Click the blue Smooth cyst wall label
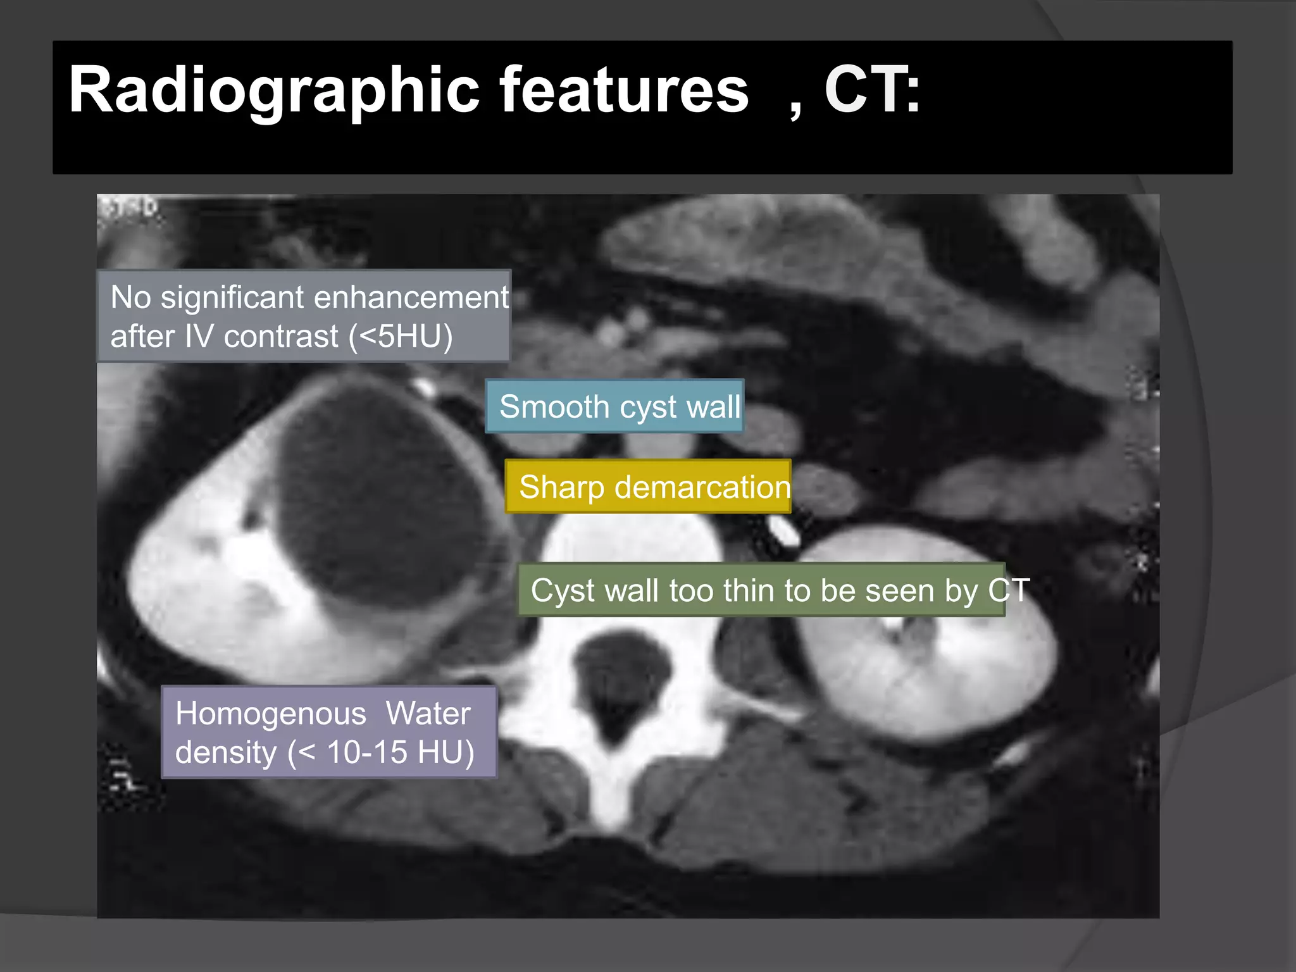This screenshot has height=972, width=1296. coord(614,406)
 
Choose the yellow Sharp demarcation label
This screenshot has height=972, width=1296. coord(648,487)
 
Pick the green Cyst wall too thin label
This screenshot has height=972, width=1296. coord(761,590)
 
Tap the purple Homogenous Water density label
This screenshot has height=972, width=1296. coord(328,732)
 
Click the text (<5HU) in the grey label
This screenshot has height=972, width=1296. coord(401,336)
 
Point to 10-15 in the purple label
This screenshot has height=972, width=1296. coord(366,752)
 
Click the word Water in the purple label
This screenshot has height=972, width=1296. coord(428,714)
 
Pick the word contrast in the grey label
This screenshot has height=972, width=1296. coord(281,336)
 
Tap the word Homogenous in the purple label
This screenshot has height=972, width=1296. coord(271,714)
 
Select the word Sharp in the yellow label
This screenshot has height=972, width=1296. coord(561,487)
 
